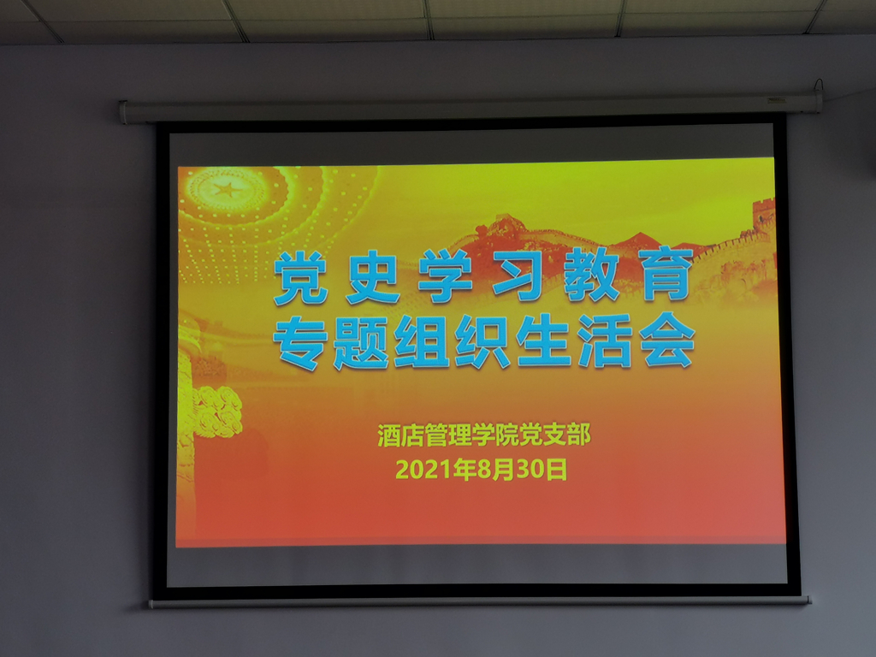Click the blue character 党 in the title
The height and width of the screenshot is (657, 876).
[301, 278]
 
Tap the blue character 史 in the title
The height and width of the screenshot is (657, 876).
[373, 278]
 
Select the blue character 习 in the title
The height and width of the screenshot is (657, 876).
[518, 275]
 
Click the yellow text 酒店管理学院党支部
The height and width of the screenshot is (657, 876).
[484, 435]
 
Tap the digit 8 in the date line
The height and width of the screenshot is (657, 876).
[483, 470]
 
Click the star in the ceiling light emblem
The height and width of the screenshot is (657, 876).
[226, 189]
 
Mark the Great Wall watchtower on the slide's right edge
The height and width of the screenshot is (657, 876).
[763, 212]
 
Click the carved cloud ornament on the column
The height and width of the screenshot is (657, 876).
[217, 411]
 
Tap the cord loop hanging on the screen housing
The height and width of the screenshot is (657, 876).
[819, 86]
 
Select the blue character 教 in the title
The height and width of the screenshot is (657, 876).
[591, 276]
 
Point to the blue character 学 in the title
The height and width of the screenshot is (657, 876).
[446, 276]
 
